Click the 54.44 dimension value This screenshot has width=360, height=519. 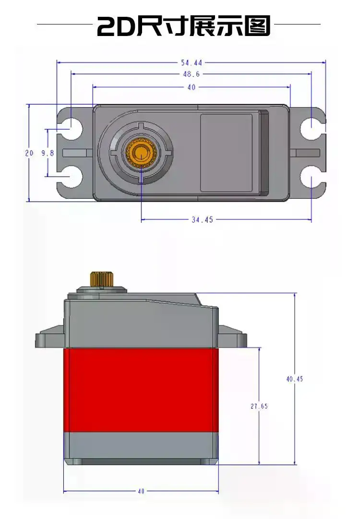[191, 62]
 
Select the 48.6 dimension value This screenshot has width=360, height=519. [191, 74]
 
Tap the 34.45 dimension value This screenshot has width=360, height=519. [202, 220]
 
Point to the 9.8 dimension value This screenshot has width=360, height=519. [48, 153]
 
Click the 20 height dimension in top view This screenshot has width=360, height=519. [29, 153]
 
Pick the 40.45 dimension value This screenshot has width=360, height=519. [295, 379]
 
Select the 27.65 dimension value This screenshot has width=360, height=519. [259, 406]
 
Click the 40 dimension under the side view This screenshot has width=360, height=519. [141, 491]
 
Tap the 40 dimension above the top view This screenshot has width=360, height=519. [191, 87]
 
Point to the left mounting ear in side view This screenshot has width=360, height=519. [49, 338]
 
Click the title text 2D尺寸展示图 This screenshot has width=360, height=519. [184, 26]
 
